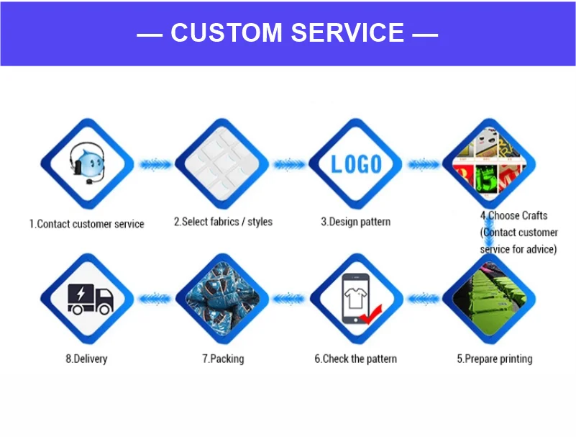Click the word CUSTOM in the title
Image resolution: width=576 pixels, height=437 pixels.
[227, 33]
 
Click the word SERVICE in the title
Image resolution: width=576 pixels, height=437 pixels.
[347, 33]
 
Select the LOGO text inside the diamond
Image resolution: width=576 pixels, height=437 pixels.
[356, 164]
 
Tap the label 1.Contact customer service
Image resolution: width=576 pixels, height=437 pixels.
[86, 224]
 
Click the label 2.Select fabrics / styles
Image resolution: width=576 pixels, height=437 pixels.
[223, 222]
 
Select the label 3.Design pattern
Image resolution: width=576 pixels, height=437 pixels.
[355, 222]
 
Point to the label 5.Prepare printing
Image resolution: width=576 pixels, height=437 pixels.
[495, 359]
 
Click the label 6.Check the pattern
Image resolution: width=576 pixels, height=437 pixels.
[355, 359]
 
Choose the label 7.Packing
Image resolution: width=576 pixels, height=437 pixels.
[222, 359]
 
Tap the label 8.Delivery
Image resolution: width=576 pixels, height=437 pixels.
[86, 359]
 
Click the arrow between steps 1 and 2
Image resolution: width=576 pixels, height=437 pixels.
[155, 165]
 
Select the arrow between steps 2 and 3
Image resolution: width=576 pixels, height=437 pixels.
[289, 165]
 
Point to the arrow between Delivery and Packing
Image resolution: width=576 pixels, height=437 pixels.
[155, 297]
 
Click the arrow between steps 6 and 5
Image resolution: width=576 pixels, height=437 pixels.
[423, 297]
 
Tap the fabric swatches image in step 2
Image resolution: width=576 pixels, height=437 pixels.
[221, 165]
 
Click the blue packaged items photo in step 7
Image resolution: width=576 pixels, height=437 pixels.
[221, 298]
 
